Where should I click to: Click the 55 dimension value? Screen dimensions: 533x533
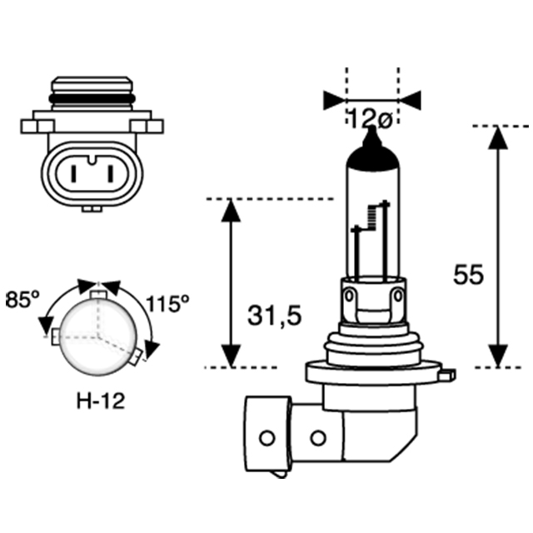coord(468,275)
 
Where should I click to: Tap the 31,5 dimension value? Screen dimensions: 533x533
coord(274,316)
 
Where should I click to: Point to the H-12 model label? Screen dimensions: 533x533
coord(99,401)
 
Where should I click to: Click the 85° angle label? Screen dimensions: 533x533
coord(23,299)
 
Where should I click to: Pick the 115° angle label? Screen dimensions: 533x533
coord(167,303)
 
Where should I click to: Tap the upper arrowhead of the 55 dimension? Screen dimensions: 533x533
coord(497,138)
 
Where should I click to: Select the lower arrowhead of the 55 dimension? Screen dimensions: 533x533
coord(497,355)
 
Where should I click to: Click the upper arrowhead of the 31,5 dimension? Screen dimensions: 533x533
coord(231,211)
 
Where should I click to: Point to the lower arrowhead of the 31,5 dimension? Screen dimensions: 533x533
coord(231,355)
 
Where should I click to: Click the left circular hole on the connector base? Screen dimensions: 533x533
coord(266,438)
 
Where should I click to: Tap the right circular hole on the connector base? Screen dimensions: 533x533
coord(317,438)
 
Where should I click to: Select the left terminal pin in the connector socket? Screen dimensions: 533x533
coord(73,176)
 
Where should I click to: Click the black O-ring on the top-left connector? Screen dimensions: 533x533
coord(92,98)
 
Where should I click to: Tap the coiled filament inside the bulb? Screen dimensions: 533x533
coord(364,218)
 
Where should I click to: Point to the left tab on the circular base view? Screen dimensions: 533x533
coord(56,336)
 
